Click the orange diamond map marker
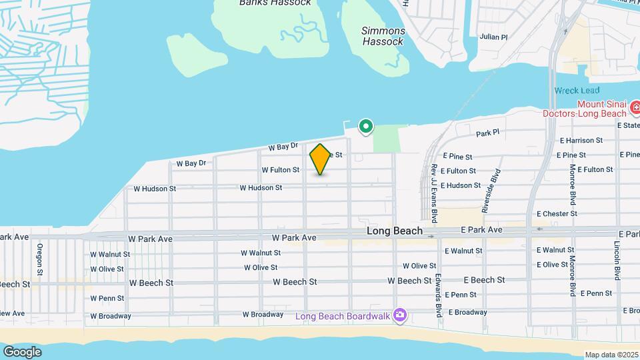[321, 159]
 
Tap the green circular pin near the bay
[365, 125]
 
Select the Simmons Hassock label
[383, 36]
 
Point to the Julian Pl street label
[493, 37]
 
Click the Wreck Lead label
[577, 91]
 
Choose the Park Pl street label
[487, 133]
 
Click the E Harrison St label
[581, 141]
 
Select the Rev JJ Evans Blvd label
[433, 193]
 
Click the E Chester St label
[557, 214]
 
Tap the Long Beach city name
[395, 231]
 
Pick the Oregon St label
[40, 259]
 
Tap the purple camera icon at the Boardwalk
[400, 315]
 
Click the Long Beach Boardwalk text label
[343, 315]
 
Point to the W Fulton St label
[281, 170]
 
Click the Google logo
[22, 351]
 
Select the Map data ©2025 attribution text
[610, 355]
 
